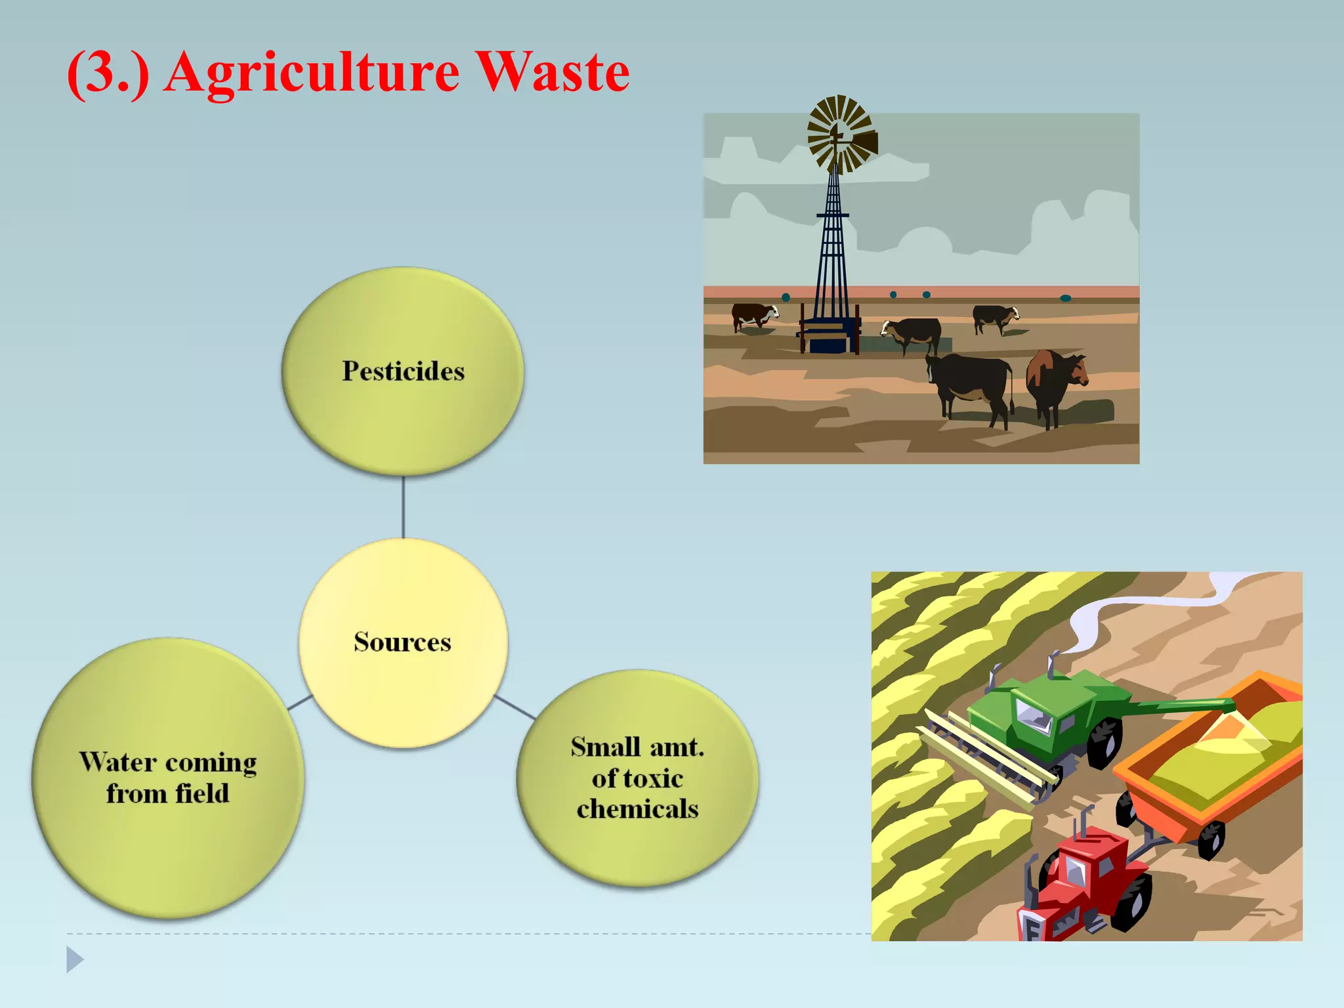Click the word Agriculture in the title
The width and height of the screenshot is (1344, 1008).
[x=312, y=72]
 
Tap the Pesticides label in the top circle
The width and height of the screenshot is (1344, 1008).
[x=403, y=371]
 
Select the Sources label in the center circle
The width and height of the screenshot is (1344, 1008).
[x=402, y=642]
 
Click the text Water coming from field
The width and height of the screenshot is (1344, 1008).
[x=168, y=778]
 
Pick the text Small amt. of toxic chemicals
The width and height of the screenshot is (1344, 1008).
[x=637, y=778]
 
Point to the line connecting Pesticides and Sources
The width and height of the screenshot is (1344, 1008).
[x=403, y=507]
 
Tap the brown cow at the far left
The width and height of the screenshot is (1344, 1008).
[x=753, y=316]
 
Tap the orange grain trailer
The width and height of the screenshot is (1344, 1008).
[x=1214, y=761]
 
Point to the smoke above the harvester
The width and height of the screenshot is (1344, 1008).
[x=1116, y=610]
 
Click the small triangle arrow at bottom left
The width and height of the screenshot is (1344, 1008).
[x=75, y=959]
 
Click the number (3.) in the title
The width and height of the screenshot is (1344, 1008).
[x=108, y=72]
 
